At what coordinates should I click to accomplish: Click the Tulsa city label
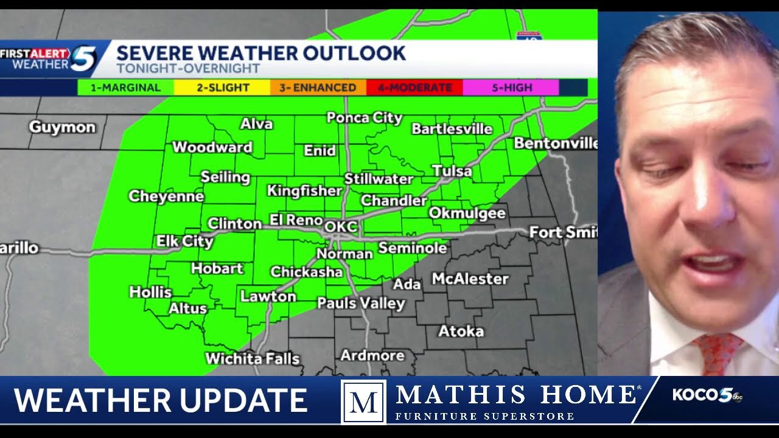(452, 171)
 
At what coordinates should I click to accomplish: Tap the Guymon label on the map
(62, 127)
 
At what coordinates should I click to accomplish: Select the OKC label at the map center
(341, 227)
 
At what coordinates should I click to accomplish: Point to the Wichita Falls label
(252, 358)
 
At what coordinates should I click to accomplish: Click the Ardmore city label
(372, 355)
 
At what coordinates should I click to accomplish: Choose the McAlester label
(470, 279)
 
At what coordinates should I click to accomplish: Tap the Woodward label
(212, 147)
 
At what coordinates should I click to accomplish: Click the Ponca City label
(364, 117)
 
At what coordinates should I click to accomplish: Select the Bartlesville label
(452, 129)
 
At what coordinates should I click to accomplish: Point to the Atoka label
(461, 332)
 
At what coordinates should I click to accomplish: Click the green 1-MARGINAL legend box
(125, 88)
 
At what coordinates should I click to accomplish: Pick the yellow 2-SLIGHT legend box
(222, 88)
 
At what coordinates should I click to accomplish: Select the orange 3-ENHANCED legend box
(318, 88)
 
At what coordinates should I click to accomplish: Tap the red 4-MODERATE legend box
(414, 88)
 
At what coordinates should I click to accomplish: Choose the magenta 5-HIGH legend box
(511, 88)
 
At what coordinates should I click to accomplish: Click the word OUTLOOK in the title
(354, 54)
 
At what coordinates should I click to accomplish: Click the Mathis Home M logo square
(363, 401)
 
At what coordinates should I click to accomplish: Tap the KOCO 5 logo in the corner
(707, 395)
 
